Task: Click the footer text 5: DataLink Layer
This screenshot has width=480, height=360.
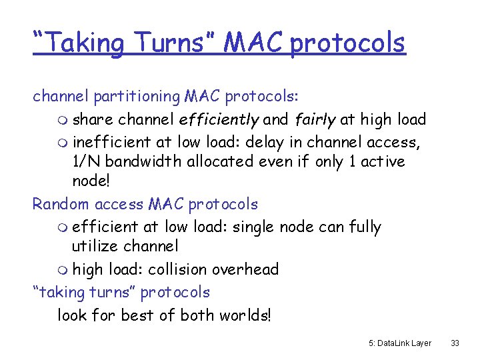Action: tap(399, 343)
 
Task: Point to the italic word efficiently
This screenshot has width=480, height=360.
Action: tap(218, 120)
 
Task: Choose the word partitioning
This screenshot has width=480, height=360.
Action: tap(137, 97)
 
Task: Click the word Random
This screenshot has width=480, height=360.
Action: tap(61, 204)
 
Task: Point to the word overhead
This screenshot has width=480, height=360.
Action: tap(245, 269)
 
